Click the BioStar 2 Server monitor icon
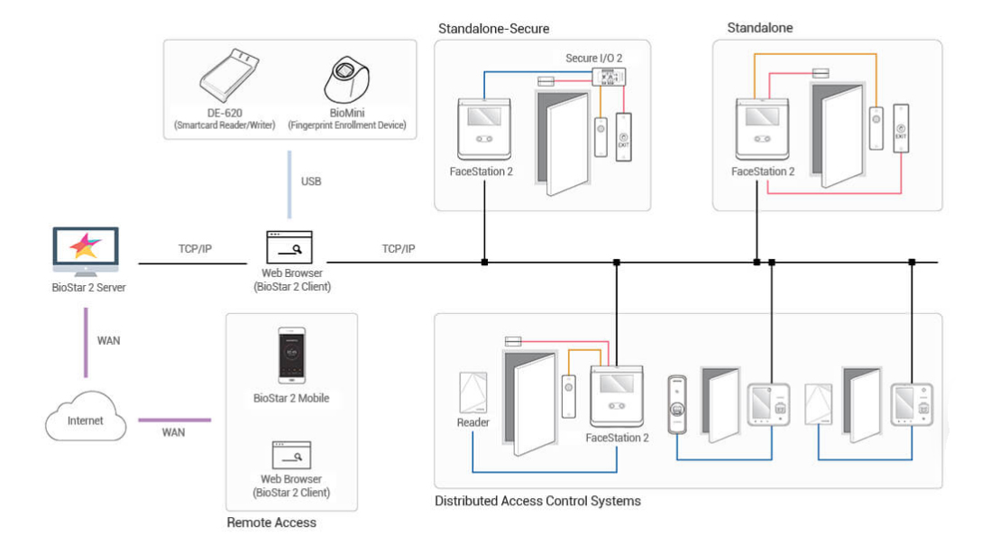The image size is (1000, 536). click(86, 252)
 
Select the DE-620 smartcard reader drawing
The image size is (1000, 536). click(229, 75)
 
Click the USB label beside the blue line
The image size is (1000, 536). click(311, 181)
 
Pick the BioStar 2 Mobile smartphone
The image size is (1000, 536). click(291, 356)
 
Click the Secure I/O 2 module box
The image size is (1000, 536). click(608, 78)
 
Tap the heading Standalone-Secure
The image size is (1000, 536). click(493, 29)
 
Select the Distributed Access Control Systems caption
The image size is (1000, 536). click(537, 501)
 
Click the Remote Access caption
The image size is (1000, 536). click(271, 522)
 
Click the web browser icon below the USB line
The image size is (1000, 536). click(289, 247)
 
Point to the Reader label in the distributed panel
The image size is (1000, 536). click(473, 422)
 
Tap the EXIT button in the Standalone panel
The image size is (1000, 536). click(901, 128)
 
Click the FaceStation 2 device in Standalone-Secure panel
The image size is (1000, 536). click(484, 129)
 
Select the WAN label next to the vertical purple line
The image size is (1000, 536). click(108, 341)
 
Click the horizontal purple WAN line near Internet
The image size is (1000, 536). click(174, 420)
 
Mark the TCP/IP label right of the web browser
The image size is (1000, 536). click(399, 249)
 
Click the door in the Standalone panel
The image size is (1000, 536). click(837, 134)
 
